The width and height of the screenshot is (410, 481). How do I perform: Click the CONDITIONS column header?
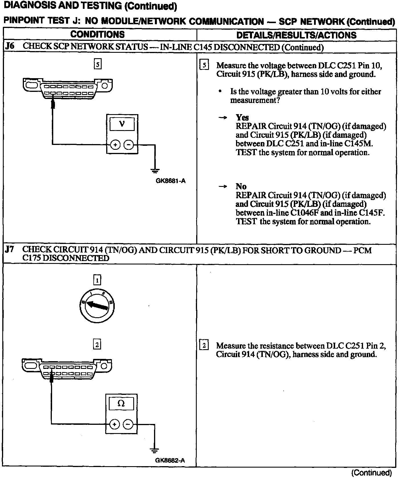97,35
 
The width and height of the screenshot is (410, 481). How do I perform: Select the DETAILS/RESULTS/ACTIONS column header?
296,35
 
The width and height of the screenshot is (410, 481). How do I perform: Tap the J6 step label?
10,47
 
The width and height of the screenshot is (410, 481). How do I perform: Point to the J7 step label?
10,249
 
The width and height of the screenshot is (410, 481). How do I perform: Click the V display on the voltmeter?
122,124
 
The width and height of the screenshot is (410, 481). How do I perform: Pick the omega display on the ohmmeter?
121,403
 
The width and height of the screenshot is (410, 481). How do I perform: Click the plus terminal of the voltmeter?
115,145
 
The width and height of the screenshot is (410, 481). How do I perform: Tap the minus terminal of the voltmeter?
129,145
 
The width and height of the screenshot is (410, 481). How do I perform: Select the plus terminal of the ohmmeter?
114,425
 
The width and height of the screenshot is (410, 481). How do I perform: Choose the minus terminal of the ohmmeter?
128,425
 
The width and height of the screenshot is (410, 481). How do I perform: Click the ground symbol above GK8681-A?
155,171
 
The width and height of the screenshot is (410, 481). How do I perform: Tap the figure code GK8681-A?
171,181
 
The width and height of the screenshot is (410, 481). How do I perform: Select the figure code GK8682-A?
170,460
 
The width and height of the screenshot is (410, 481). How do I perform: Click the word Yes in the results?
242,117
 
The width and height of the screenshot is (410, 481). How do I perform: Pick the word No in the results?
241,186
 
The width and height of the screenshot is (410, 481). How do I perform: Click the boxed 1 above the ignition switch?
97,280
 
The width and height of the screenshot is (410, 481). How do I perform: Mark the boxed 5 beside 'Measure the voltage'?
204,65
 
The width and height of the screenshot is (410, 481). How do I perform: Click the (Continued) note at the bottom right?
371,473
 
